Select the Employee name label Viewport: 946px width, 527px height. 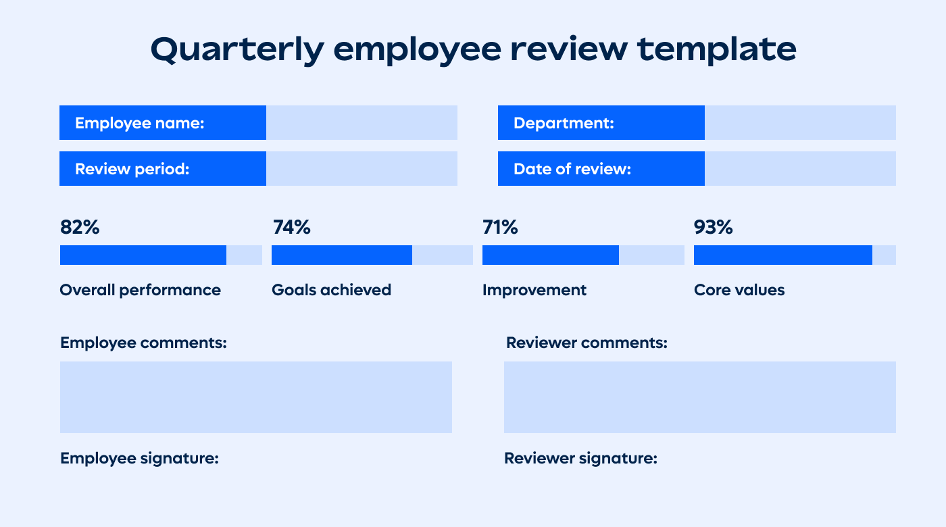click(140, 123)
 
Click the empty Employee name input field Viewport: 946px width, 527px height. click(362, 123)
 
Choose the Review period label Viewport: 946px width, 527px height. click(132, 169)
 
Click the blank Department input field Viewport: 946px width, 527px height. click(800, 123)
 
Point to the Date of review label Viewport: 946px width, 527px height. click(572, 169)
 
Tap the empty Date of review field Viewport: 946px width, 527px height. click(800, 169)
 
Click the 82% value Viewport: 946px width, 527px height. click(80, 228)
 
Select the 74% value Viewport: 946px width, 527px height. click(291, 228)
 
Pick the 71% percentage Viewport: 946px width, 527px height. click(500, 228)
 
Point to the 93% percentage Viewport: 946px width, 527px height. click(713, 228)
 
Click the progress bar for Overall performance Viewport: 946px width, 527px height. click(161, 255)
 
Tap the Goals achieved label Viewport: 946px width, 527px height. click(331, 290)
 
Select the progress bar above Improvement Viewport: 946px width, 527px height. click(583, 255)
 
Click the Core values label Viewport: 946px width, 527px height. click(739, 290)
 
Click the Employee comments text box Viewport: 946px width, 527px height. click(256, 397)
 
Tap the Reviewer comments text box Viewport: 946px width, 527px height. click(699, 397)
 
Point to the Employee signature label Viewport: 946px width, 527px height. click(139, 458)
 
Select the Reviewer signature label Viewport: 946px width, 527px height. click(580, 458)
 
